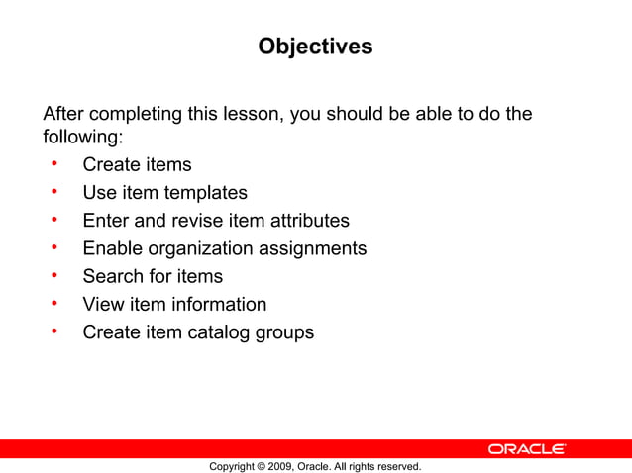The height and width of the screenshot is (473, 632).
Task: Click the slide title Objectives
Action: coord(315,47)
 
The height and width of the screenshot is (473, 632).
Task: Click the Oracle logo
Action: coord(526,449)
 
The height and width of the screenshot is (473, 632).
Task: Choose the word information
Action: coord(218,304)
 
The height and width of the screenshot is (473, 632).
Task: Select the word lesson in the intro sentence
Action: coord(253,114)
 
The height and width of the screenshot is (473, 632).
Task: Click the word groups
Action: coord(286,332)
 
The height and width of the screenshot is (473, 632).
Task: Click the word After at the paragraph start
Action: coord(64,114)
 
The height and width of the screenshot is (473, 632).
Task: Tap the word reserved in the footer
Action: coord(396,466)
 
